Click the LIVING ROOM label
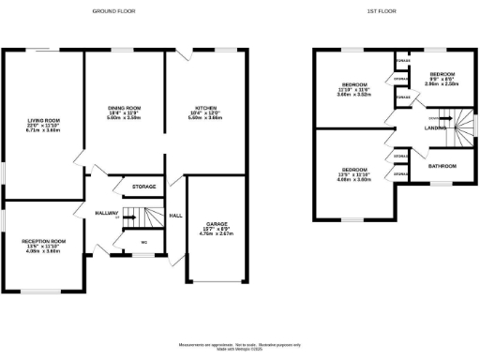(42, 120)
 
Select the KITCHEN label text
(205, 108)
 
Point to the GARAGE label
(217, 223)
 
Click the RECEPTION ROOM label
(45, 241)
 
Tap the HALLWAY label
(108, 214)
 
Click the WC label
(144, 243)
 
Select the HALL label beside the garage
(175, 216)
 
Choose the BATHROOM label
(442, 166)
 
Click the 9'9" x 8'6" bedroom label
(442, 83)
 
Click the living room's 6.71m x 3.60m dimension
(42, 130)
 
